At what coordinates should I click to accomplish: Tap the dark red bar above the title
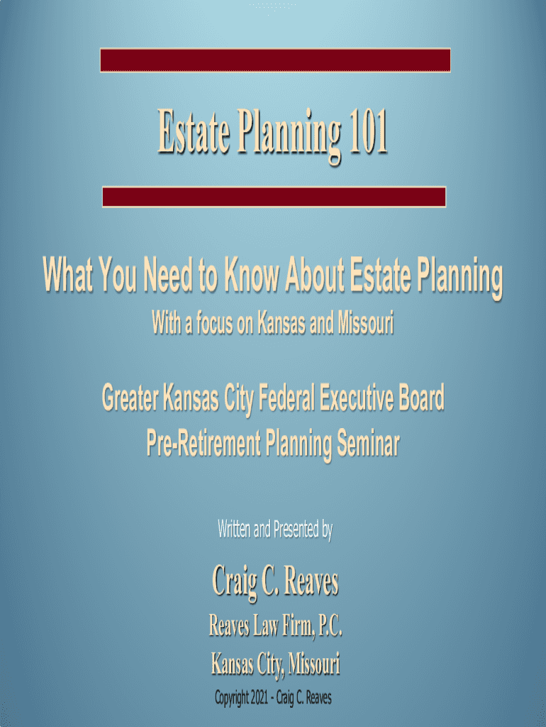275,60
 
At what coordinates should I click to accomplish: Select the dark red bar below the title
274,197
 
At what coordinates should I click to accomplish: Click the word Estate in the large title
194,131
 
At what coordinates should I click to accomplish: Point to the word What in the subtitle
67,274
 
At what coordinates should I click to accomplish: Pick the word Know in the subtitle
252,274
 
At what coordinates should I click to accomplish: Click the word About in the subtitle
314,274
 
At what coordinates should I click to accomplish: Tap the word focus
215,323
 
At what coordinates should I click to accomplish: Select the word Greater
130,398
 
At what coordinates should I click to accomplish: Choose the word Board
421,398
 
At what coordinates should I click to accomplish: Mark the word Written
234,529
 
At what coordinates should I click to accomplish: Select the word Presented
296,529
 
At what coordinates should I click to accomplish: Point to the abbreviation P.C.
329,625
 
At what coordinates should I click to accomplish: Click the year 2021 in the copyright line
259,697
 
